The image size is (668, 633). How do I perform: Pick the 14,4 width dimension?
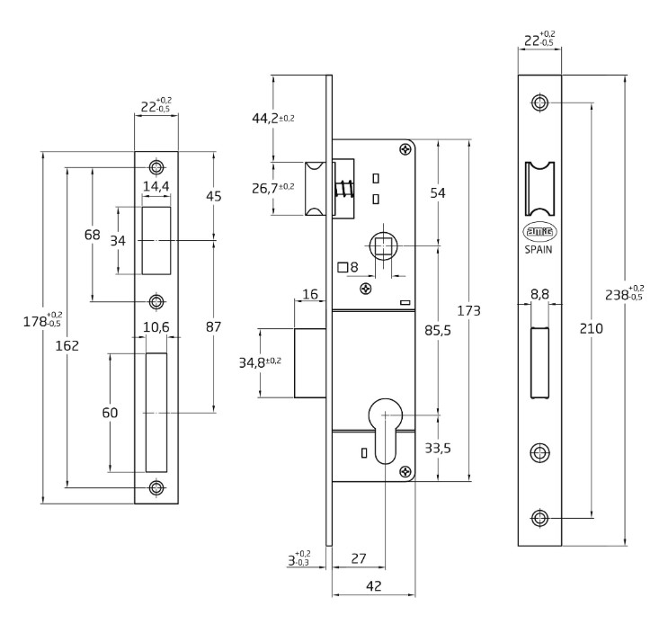pos(156,187)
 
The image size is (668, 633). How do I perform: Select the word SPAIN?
pos(539,251)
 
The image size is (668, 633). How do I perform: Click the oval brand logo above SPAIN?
pos(539,232)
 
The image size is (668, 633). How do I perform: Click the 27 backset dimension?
pos(358,558)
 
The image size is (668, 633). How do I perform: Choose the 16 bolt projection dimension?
pos(311,295)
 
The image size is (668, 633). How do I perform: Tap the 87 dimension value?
pos(213,327)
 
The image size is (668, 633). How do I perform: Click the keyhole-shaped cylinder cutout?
pos(385,431)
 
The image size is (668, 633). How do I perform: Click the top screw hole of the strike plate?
pos(157,167)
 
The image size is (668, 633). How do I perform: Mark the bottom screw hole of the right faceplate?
pos(539,518)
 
